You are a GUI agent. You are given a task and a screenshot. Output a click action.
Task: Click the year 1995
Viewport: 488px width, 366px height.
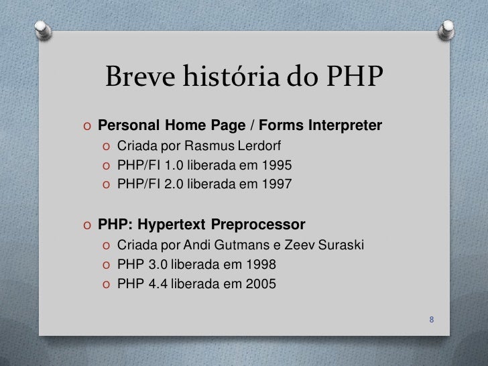278,164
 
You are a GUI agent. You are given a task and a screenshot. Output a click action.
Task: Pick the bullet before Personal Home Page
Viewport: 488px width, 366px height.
88,126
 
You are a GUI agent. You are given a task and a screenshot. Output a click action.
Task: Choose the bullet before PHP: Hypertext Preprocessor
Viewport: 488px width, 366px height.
88,223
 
